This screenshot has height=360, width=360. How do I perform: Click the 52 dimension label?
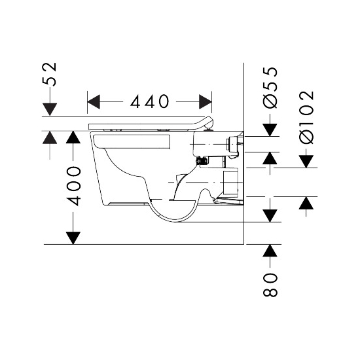pyautogui.click(x=50, y=74)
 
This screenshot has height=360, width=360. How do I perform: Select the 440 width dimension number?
pyautogui.click(x=149, y=101)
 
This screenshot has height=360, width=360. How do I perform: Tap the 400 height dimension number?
pyautogui.click(x=74, y=186)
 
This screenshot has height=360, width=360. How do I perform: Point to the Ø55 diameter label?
pyautogui.click(x=270, y=87)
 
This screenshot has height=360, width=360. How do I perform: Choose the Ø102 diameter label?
pyautogui.click(x=306, y=117)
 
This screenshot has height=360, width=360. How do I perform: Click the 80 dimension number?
pyautogui.click(x=270, y=285)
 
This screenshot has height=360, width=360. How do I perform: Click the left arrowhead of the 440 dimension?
pyautogui.click(x=94, y=101)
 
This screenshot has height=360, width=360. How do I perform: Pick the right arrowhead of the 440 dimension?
pyautogui.click(x=206, y=101)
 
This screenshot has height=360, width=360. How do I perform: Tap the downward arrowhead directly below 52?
pyautogui.click(x=50, y=109)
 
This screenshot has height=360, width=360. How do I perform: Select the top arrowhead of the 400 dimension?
pyautogui.click(x=73, y=137)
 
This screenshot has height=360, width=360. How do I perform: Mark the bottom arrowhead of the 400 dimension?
pyautogui.click(x=73, y=238)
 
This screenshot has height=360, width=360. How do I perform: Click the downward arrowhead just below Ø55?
pyautogui.click(x=270, y=130)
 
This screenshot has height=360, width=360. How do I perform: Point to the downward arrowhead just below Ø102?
pyautogui.click(x=306, y=162)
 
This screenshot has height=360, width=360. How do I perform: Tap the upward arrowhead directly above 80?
pyautogui.click(x=270, y=251)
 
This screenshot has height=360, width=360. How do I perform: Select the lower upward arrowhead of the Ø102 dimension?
pyautogui.click(x=306, y=203)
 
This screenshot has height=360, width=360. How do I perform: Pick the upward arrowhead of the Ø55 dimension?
pyautogui.click(x=270, y=158)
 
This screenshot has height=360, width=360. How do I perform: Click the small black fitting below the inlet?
pyautogui.click(x=202, y=160)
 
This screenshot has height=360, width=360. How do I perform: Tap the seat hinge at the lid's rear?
pyautogui.click(x=209, y=129)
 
